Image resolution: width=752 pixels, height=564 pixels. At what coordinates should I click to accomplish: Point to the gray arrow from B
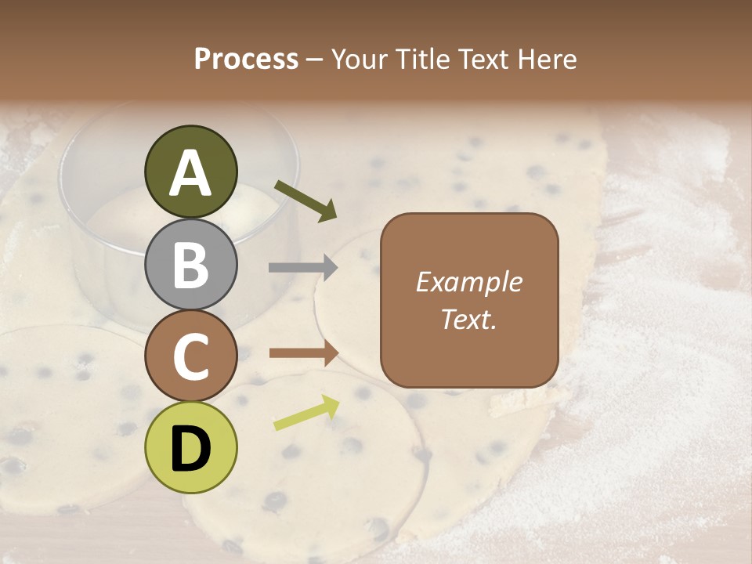click(303, 268)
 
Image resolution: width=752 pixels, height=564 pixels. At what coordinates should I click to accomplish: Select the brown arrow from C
click(303, 353)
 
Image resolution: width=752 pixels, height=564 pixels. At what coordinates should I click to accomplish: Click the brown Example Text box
click(469, 300)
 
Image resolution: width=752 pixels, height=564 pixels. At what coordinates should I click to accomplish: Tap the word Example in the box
click(469, 282)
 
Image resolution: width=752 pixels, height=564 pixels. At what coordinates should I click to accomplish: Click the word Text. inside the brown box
click(469, 319)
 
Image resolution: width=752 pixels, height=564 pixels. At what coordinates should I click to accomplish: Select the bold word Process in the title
click(246, 59)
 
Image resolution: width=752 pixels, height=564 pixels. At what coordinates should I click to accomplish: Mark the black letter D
click(191, 449)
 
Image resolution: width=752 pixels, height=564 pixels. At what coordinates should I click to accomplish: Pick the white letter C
click(191, 356)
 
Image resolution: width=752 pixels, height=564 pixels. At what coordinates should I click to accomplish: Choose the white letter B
click(191, 264)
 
